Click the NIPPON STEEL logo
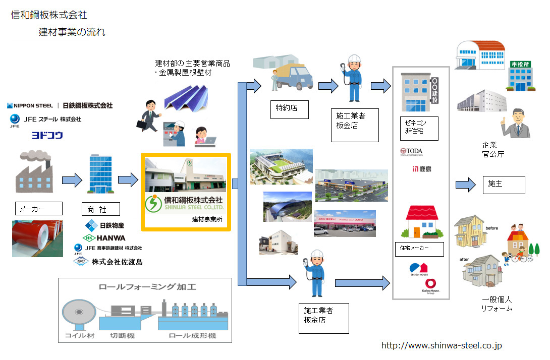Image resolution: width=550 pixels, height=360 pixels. click(30, 106)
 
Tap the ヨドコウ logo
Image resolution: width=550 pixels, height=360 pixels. click(47, 135)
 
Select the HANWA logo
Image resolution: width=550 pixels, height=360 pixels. click(104, 237)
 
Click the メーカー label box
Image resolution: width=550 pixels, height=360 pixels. click(39, 208)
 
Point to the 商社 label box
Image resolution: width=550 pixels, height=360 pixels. click(101, 209)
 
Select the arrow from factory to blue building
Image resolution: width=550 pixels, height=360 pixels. click(72, 179)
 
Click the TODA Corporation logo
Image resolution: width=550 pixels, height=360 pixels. click(411, 151)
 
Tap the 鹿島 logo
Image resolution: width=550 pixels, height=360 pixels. click(422, 168)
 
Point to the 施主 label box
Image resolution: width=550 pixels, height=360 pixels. click(504, 185)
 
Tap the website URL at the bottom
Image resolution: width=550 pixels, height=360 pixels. click(442, 345)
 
